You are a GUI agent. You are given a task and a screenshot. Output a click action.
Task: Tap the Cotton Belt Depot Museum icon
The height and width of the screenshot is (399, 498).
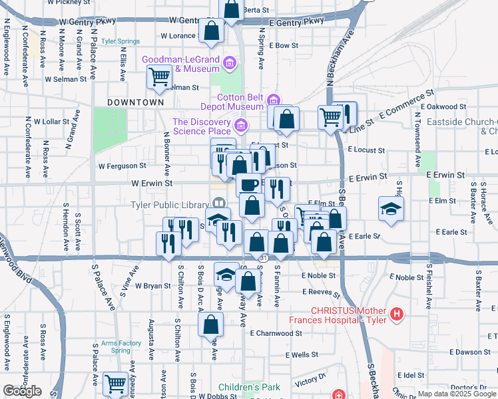273,101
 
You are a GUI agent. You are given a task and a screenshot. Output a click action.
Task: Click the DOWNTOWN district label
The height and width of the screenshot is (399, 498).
135,102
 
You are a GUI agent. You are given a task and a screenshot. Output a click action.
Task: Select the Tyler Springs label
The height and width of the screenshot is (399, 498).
121,41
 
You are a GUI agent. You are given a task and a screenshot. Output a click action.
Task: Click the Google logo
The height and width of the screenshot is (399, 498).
23,391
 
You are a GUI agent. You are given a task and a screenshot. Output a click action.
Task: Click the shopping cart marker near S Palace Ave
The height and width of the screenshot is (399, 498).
116,383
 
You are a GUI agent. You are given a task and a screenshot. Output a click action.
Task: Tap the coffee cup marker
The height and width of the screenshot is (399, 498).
249,184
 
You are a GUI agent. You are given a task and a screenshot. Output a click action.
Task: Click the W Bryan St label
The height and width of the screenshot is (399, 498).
153,286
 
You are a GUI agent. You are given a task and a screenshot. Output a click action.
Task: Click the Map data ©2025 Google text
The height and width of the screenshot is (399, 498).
456,394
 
